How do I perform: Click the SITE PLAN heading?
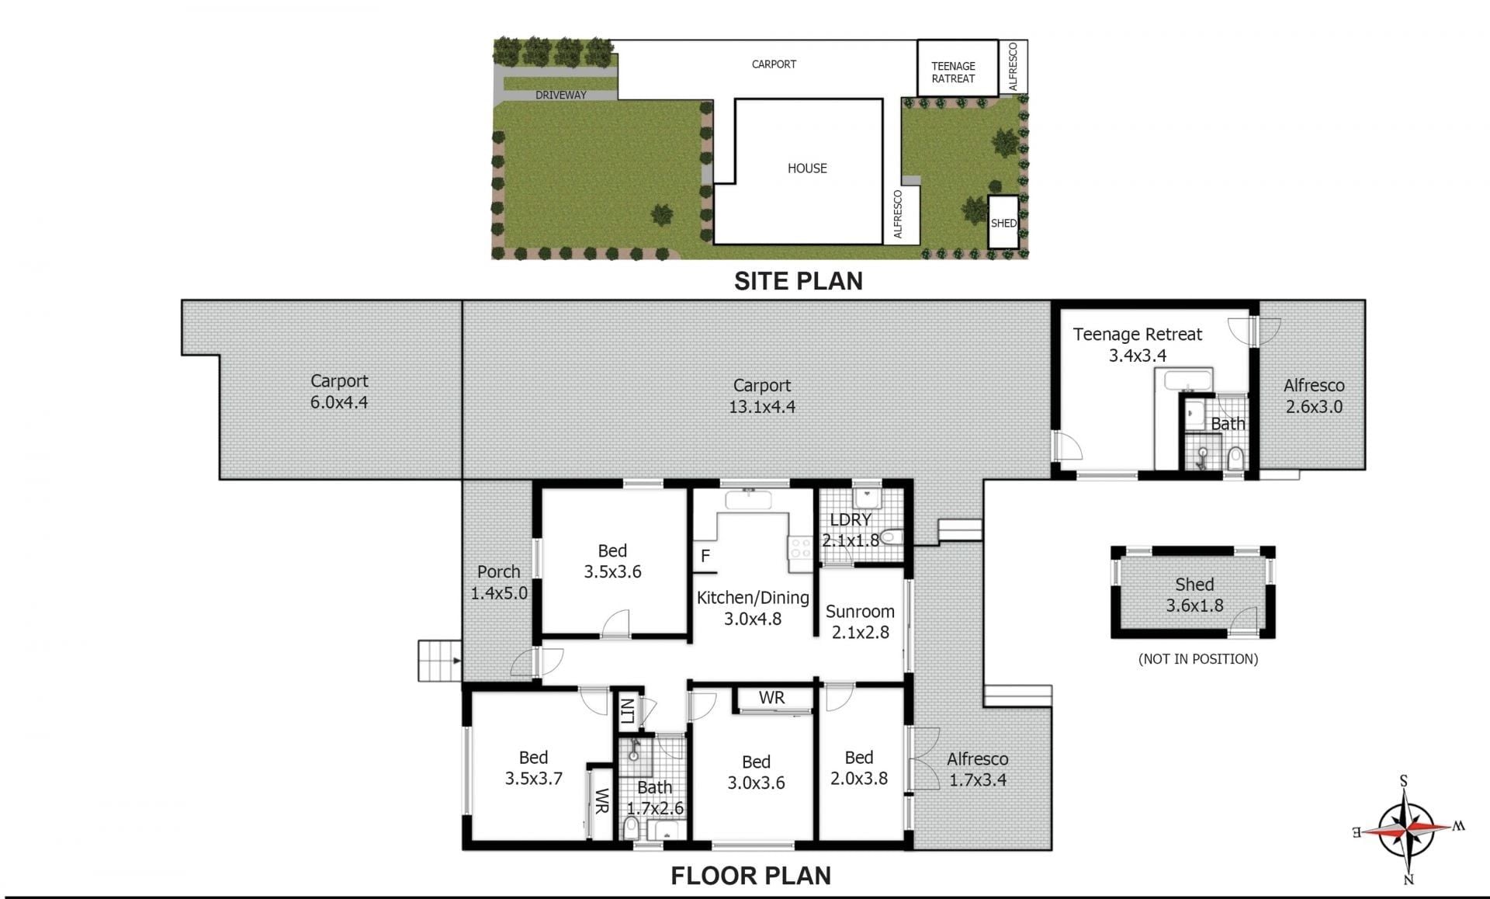799,280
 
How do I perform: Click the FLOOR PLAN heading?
750,876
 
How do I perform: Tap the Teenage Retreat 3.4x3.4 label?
1138,345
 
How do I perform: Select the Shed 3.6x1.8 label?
1194,595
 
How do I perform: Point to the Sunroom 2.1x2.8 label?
860,622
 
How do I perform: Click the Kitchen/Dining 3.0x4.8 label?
753,608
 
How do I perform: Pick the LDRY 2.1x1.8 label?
851,529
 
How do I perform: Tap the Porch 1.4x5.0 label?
499,582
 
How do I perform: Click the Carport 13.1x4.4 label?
762,396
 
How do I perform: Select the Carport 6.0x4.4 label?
339,391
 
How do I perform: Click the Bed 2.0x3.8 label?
859,768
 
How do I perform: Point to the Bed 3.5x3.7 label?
534,768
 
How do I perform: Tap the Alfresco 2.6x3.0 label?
1314,396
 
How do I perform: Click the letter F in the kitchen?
705,556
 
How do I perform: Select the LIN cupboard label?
627,710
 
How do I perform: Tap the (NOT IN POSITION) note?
1198,659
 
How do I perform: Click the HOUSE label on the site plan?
807,168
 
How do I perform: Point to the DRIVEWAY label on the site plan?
561,95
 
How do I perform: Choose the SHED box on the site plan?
1003,222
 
